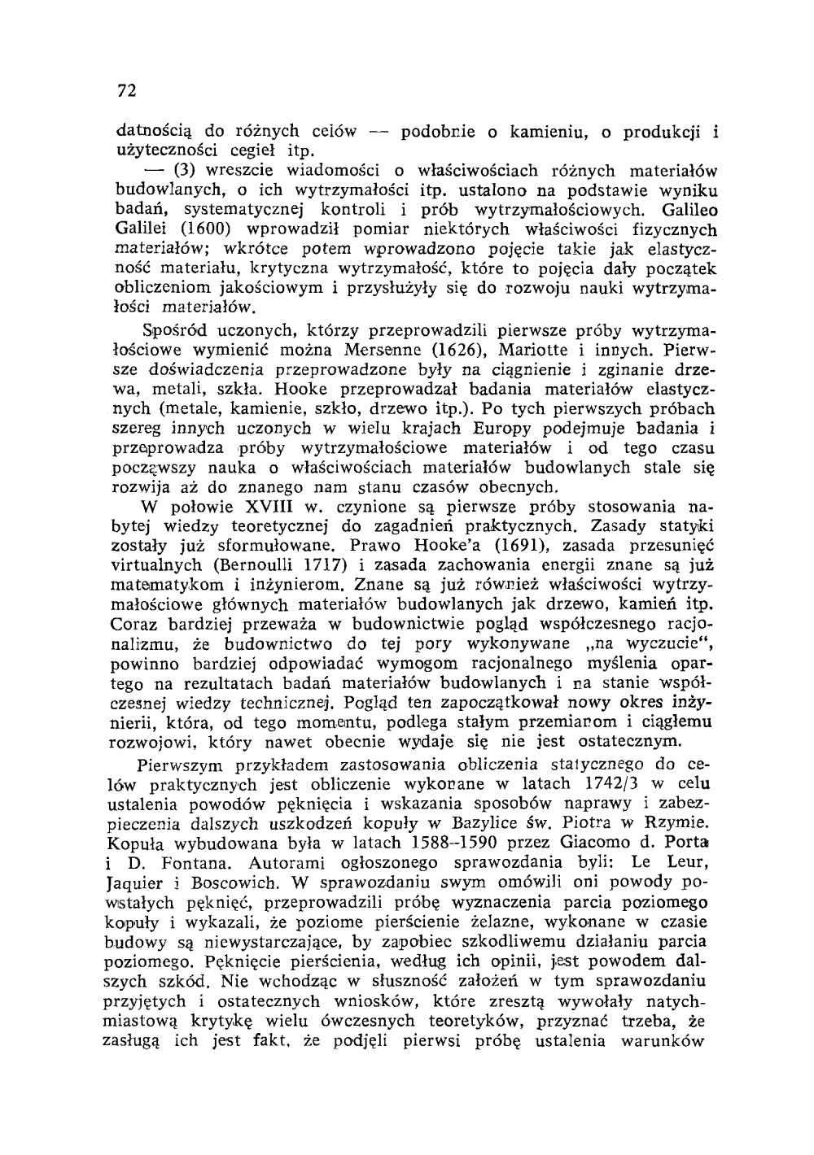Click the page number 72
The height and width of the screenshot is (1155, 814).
[x=126, y=90]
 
